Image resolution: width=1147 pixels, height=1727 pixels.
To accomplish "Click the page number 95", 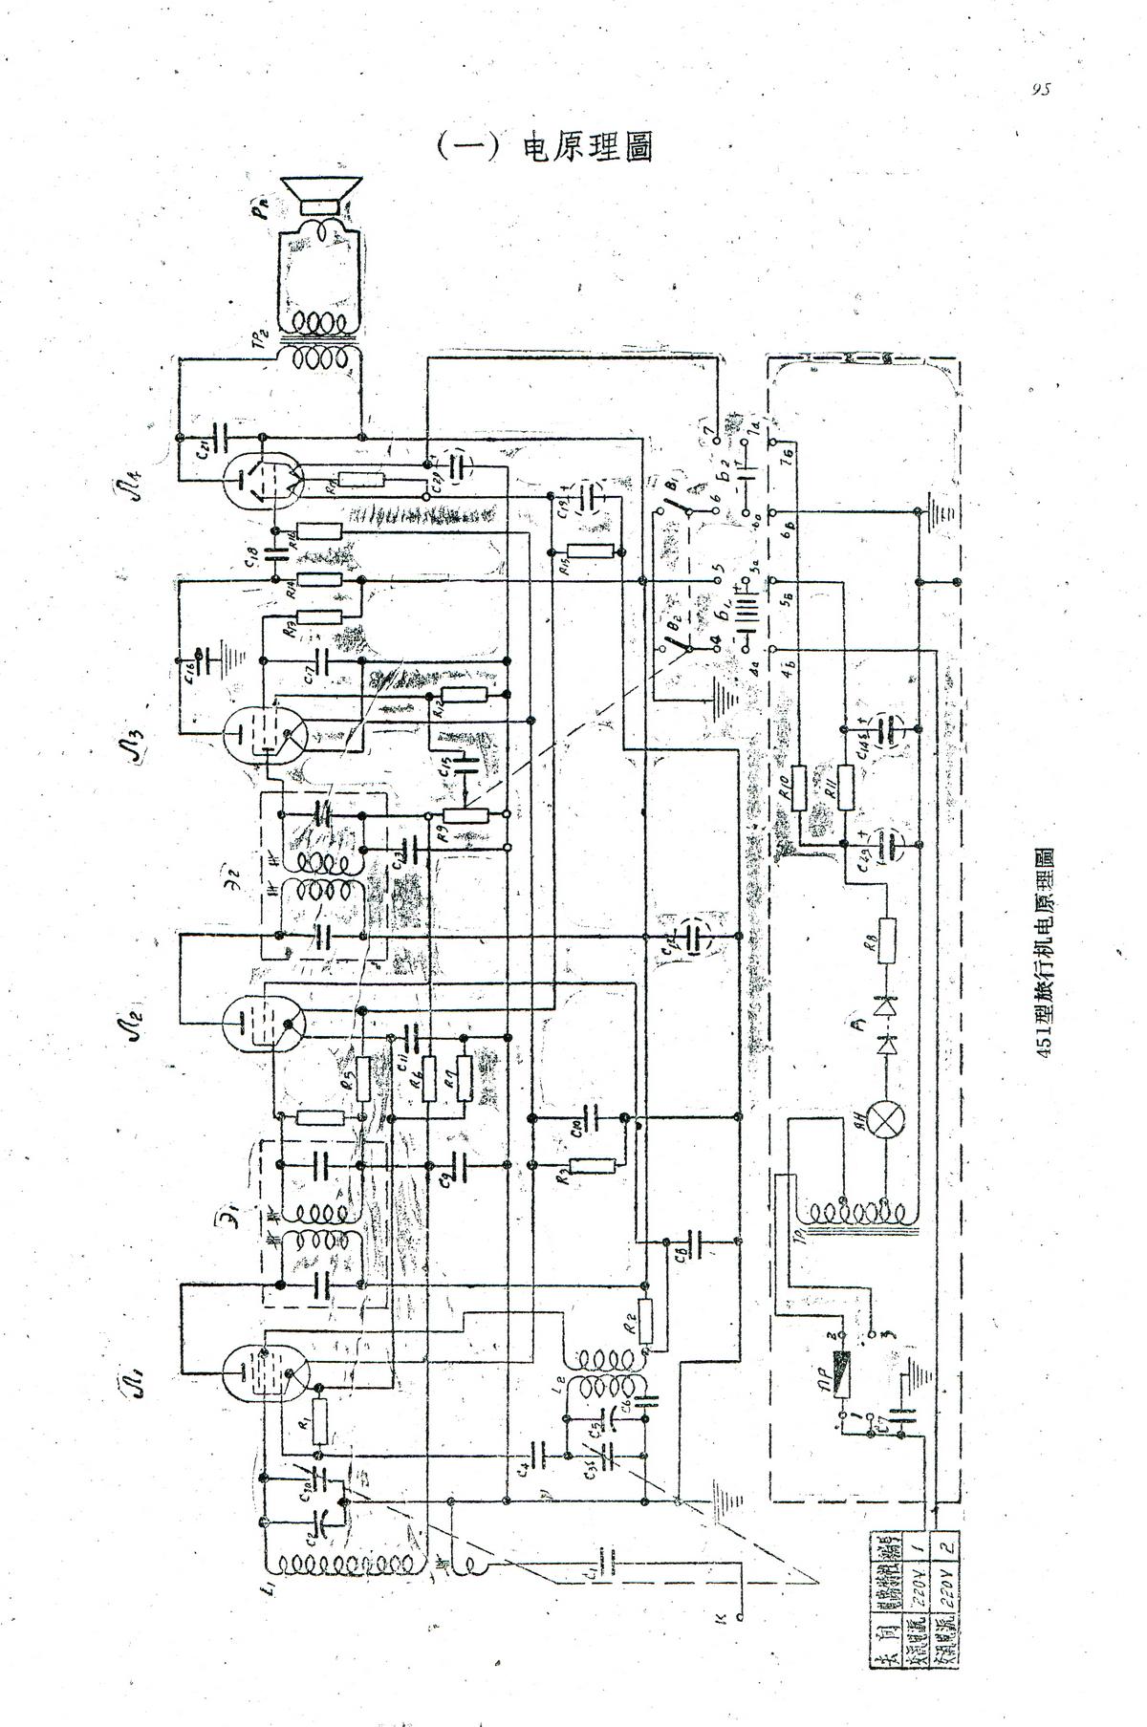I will pyautogui.click(x=1042, y=90).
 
